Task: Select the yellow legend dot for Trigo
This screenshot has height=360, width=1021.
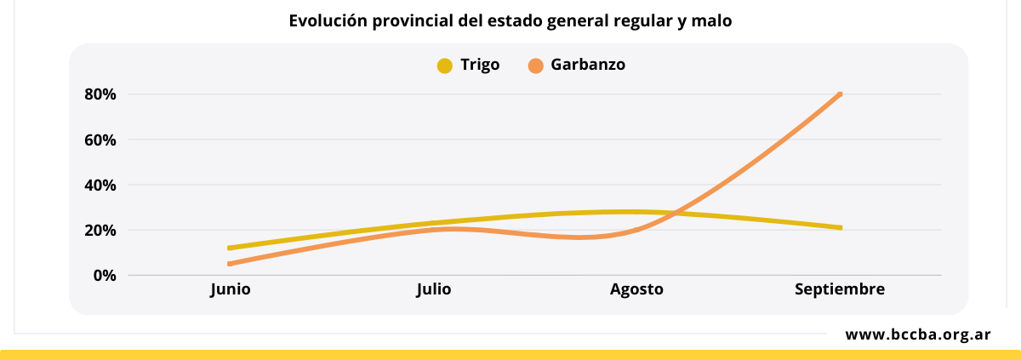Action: pyautogui.click(x=444, y=66)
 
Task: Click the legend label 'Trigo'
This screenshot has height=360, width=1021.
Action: pyautogui.click(x=480, y=65)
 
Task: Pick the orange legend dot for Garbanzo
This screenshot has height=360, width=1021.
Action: pyautogui.click(x=535, y=66)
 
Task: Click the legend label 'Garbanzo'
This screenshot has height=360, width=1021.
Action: pyautogui.click(x=588, y=65)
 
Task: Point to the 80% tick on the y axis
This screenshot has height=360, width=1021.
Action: pyautogui.click(x=100, y=94)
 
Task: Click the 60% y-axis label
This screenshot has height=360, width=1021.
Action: pyautogui.click(x=100, y=140)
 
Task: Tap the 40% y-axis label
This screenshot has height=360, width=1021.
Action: pyautogui.click(x=100, y=185)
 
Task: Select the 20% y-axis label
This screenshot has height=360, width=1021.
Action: pyautogui.click(x=100, y=230)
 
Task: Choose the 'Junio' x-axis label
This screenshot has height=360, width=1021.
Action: pyautogui.click(x=231, y=289)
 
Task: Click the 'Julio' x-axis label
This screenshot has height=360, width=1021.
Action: pyautogui.click(x=434, y=289)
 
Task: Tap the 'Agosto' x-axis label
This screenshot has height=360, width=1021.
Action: pyautogui.click(x=636, y=289)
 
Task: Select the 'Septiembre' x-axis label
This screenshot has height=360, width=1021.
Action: pyautogui.click(x=840, y=289)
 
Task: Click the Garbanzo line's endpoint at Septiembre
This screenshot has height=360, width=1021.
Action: pyautogui.click(x=840, y=94)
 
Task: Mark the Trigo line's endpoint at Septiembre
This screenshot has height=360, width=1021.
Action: pyautogui.click(x=840, y=227)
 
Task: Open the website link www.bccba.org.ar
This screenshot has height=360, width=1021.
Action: pyautogui.click(x=917, y=334)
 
